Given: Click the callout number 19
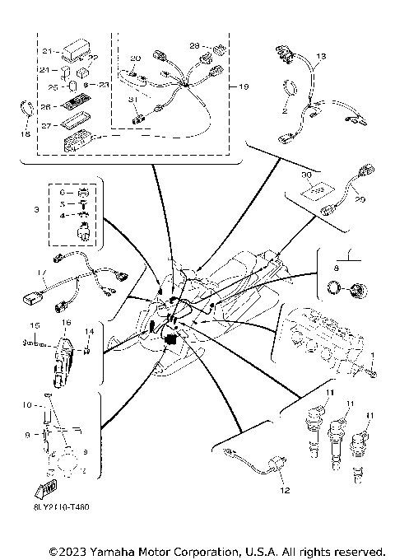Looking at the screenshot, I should [x=244, y=86].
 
